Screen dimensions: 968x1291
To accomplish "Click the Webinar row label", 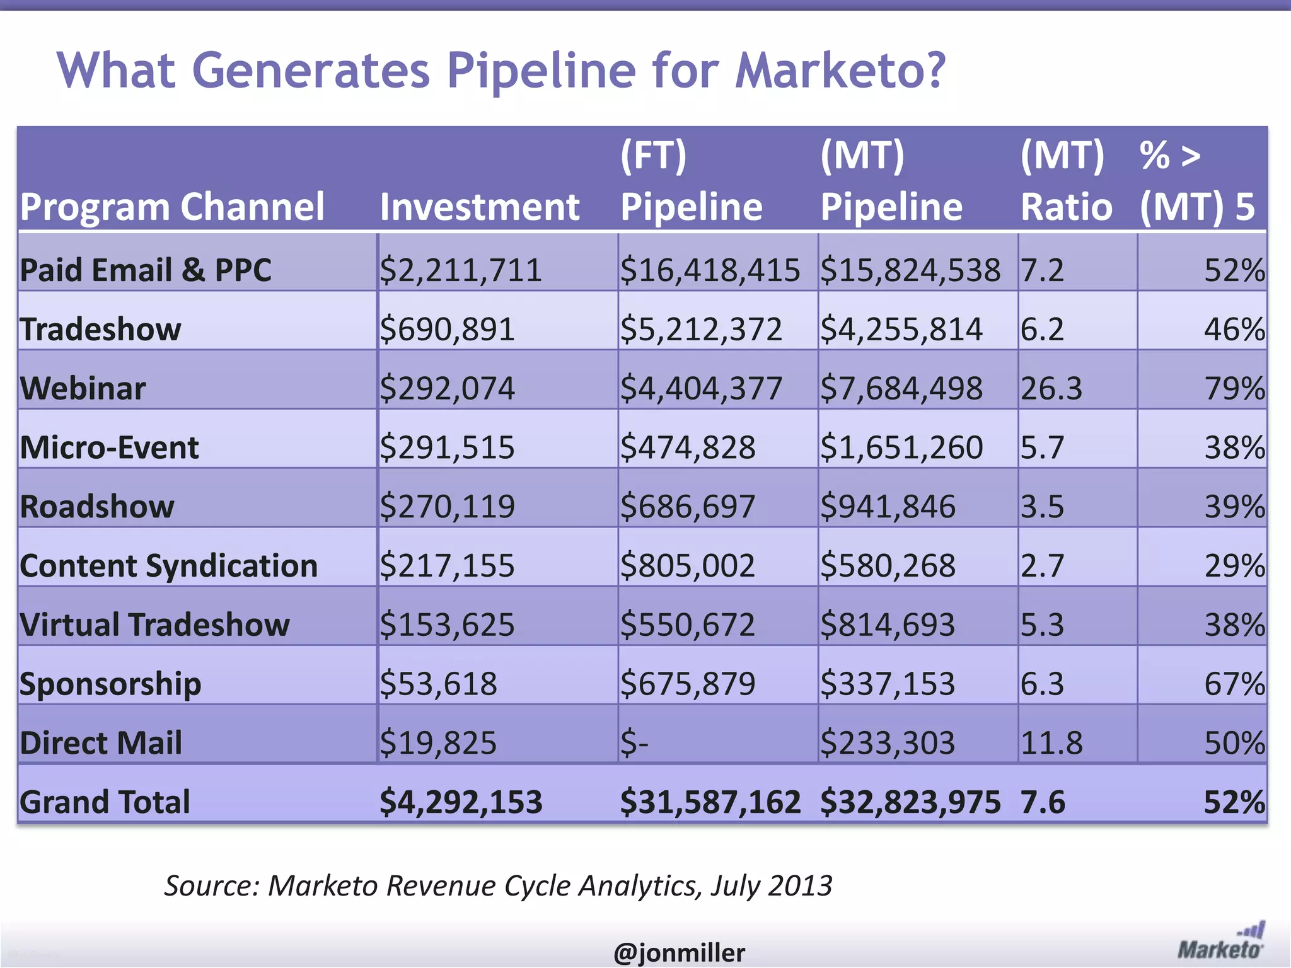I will click(83, 388).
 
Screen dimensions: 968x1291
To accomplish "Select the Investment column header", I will click(479, 207).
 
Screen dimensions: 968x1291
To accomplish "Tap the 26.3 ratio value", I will click(1051, 388).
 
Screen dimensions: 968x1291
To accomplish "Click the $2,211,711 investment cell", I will click(460, 270).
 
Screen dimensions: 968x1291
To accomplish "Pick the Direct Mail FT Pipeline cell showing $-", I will click(634, 742).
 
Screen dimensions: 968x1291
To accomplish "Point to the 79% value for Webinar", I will click(1234, 388).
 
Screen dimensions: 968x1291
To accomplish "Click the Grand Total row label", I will click(105, 802).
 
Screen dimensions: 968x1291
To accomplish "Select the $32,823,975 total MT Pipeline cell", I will click(910, 802).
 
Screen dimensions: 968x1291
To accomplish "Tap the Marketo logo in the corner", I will click(1220, 942).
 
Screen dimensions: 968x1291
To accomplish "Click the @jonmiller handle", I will click(679, 952).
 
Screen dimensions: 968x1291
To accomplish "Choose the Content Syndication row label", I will click(168, 565).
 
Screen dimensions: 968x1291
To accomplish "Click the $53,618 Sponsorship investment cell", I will click(438, 683).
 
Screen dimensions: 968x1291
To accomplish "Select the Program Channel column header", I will click(172, 207).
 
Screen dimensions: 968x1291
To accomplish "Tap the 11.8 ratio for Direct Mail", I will click(1051, 742).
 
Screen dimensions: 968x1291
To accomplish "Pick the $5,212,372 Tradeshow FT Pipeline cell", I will click(700, 329).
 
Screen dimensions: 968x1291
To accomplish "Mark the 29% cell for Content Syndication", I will click(1234, 565).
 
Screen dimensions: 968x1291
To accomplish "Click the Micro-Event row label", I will click(109, 447).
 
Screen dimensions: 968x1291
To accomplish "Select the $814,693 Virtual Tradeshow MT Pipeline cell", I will click(887, 625).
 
